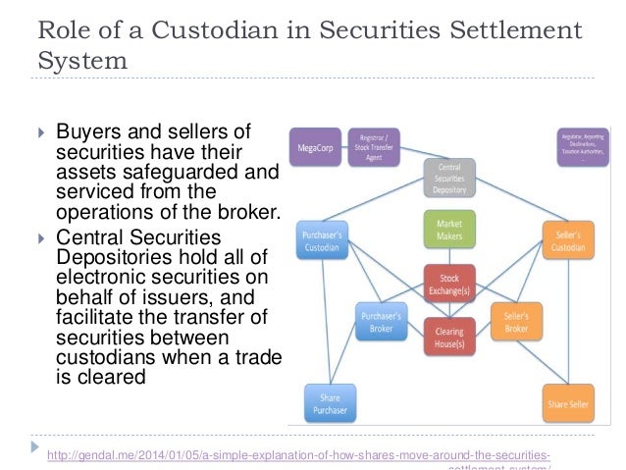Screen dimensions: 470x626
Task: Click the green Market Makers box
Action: pos(448,228)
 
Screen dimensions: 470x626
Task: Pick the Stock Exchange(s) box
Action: pos(448,285)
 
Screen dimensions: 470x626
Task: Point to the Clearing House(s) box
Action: pos(448,338)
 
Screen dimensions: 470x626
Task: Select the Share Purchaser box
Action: pos(329,403)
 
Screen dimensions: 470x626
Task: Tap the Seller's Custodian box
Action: pos(568,241)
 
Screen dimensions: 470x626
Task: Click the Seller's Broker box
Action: pos(516,320)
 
